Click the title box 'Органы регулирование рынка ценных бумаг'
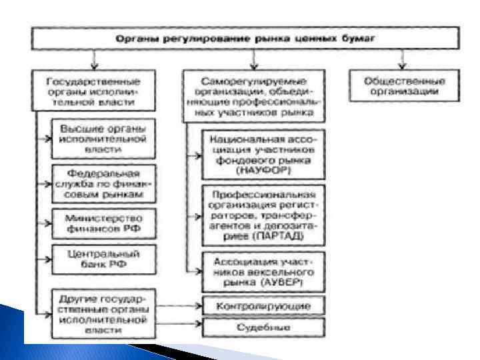pyautogui.click(x=245, y=38)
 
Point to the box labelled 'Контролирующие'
pyautogui.click(x=264, y=305)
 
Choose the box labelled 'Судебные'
pyautogui.click(x=264, y=327)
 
